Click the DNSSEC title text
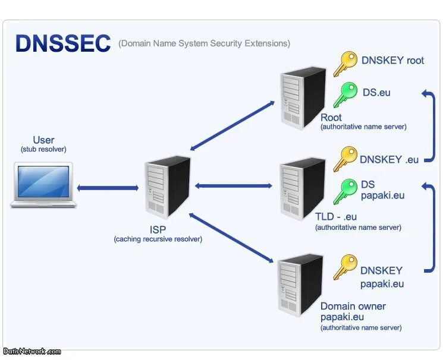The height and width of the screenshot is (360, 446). click(x=63, y=43)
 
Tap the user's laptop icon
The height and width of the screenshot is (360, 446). click(x=43, y=185)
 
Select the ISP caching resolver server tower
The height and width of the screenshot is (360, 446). click(x=168, y=187)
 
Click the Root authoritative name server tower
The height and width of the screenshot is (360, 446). click(x=303, y=98)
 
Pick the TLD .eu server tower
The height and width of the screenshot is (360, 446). click(x=303, y=189)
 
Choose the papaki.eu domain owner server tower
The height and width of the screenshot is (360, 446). click(x=300, y=285)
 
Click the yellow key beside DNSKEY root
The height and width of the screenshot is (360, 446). click(x=345, y=64)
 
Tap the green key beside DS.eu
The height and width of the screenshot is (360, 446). click(x=345, y=95)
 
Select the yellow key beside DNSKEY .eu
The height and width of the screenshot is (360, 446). click(x=345, y=159)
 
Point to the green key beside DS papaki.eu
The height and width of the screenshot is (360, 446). click(x=345, y=192)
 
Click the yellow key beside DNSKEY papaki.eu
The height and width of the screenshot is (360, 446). click(x=345, y=267)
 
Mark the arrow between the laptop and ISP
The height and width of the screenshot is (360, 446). click(x=108, y=188)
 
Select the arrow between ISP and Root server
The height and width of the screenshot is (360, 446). click(x=232, y=125)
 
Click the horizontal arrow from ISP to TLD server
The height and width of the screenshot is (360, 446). click(x=234, y=186)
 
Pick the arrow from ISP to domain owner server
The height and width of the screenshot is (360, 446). click(x=231, y=238)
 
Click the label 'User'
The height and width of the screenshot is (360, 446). click(x=43, y=140)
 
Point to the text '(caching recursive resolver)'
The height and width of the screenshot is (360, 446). click(x=158, y=239)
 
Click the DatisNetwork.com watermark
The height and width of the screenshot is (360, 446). click(x=32, y=352)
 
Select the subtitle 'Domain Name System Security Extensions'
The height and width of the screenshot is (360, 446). click(x=204, y=43)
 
